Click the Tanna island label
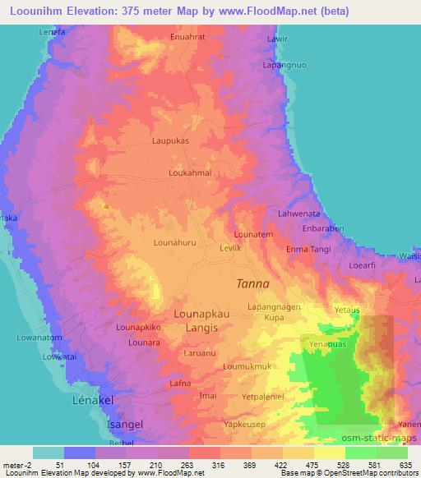click(252, 283)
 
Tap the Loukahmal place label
click(190, 174)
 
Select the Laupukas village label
click(171, 140)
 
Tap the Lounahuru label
click(176, 242)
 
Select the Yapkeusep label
click(245, 425)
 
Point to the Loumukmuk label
click(248, 365)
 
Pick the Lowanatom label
click(39, 337)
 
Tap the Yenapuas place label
click(327, 344)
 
